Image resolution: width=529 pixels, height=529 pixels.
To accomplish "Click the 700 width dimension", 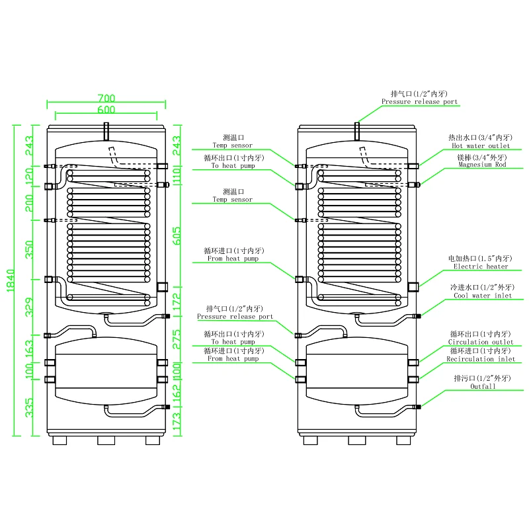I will coord(106,97).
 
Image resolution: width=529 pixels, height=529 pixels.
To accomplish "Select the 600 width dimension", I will coord(106,109).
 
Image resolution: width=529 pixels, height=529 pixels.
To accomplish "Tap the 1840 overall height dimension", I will coord(9,280).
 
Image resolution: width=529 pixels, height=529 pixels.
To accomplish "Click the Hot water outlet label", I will coord(479,145).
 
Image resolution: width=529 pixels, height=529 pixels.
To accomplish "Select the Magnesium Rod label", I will coord(481,165).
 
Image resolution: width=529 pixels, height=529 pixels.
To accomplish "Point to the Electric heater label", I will coord(481,266).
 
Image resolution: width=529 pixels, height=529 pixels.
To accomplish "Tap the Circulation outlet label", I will coord(481,342).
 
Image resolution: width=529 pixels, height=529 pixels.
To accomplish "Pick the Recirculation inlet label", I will coord(481,359).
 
